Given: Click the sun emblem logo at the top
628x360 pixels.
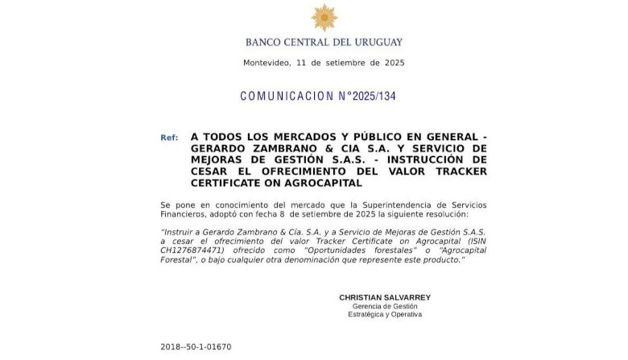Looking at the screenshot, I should (324, 18).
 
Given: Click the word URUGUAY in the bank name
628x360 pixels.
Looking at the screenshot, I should (375, 42).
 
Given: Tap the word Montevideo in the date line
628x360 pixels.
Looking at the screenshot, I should (266, 63).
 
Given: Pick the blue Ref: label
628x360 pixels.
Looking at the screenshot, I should (169, 138).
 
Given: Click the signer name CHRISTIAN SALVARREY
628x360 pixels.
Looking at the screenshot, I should (385, 297).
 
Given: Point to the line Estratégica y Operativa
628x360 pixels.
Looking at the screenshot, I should (385, 314).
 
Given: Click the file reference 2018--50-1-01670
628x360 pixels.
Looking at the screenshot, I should (196, 347).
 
